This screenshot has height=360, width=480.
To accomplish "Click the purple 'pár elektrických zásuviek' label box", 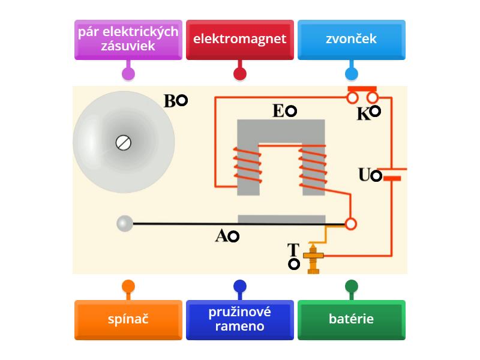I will [x=128, y=40].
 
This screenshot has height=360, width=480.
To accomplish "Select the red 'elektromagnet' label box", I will [x=240, y=40].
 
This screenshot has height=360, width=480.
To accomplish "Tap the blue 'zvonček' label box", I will [x=352, y=40].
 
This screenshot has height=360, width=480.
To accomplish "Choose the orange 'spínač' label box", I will [x=128, y=319].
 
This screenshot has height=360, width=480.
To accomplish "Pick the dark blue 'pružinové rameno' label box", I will [x=240, y=319].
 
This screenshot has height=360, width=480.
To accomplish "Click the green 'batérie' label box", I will [x=352, y=319].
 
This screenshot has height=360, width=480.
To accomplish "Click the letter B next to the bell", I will [x=170, y=101].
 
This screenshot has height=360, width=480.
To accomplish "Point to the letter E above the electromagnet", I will [x=278, y=111].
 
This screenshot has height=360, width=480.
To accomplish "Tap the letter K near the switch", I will [x=363, y=114].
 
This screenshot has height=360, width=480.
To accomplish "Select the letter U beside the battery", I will [x=364, y=175].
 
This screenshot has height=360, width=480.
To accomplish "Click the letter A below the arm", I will [x=221, y=236].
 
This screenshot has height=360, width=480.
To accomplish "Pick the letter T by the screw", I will [x=293, y=250].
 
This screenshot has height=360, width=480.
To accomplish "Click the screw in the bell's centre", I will [x=124, y=143].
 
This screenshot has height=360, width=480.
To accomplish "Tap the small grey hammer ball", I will [x=124, y=224].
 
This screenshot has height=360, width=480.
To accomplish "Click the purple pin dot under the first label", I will [x=128, y=74].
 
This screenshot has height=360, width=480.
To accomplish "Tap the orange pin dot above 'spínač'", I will [x=128, y=286].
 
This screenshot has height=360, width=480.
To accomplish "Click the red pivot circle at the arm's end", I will [x=351, y=224].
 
